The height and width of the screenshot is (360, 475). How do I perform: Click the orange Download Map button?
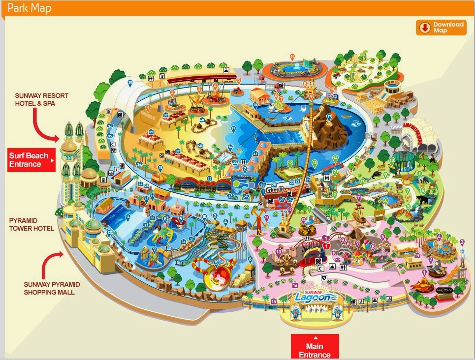coord(441,28)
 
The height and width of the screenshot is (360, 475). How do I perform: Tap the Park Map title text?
coord(29,8)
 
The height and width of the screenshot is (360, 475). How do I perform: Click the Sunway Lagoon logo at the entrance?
coord(315,296)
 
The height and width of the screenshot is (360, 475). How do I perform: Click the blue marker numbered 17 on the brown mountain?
coord(329,117)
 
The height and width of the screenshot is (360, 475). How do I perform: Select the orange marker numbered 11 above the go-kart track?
coord(292,57)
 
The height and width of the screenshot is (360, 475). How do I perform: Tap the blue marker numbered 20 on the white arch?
coord(130,83)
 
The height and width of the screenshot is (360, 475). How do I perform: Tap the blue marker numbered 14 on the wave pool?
coord(127,217)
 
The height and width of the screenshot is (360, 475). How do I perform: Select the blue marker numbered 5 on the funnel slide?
coord(215,262)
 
